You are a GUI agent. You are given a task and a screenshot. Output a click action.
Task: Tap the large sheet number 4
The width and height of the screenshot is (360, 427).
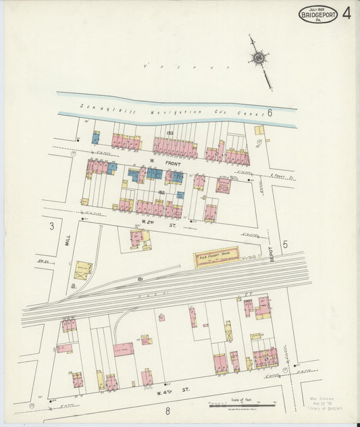tap(346, 14)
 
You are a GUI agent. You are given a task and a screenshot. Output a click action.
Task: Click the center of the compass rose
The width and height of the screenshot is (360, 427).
tap(259, 60)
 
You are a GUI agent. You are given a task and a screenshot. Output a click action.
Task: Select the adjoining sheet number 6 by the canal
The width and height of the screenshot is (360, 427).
tap(269, 114)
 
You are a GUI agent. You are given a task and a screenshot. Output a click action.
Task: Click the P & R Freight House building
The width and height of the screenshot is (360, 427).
tap(217, 257)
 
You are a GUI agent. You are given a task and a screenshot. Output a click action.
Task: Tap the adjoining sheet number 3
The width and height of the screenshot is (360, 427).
tap(51, 227)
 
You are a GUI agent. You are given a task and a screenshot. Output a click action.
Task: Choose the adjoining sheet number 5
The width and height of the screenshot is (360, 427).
tap(285, 244)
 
